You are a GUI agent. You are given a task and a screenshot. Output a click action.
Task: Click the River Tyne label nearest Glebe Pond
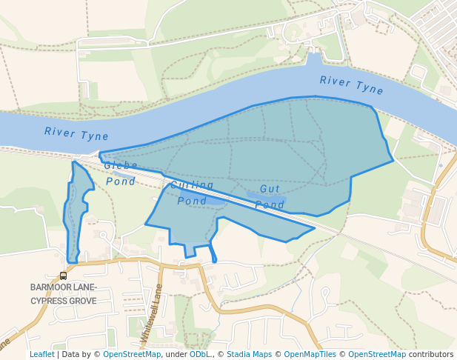(x=76, y=134)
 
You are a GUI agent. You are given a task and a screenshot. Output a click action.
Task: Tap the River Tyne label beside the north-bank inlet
(x=352, y=85)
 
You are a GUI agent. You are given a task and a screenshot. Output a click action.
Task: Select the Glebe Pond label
(x=121, y=173)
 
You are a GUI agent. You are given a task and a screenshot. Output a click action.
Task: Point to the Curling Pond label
(x=192, y=193)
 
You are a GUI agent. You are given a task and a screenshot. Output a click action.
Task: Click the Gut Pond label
(x=271, y=197)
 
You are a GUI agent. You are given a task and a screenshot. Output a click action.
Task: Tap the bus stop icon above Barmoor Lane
(x=64, y=276)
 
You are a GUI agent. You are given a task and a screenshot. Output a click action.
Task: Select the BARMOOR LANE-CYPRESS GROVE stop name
(x=63, y=294)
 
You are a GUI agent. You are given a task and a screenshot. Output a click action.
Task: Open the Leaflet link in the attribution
(x=42, y=354)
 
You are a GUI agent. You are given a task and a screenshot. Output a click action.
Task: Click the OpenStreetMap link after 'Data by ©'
(x=132, y=354)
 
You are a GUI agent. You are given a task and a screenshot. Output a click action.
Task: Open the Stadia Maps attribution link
(x=249, y=354)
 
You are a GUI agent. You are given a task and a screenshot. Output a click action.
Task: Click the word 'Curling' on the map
(x=192, y=184)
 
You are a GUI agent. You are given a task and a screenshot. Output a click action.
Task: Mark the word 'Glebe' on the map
(x=121, y=166)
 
